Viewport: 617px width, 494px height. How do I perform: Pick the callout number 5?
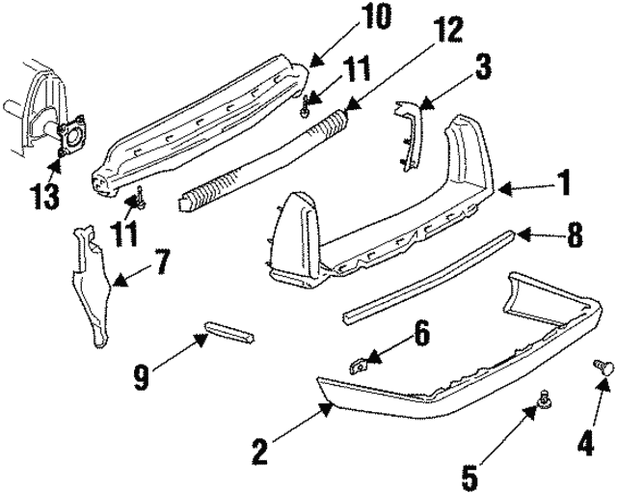pyautogui.click(x=469, y=475)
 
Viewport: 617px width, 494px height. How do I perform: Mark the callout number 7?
pyautogui.click(x=161, y=261)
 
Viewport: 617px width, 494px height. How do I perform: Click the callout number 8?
pyautogui.click(x=575, y=233)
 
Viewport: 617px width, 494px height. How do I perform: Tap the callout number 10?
pyautogui.click(x=343, y=16)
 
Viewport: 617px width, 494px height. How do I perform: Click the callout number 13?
pyautogui.click(x=43, y=196)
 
